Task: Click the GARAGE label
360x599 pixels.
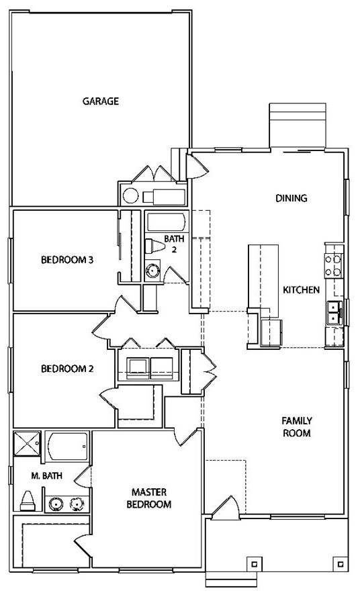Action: coord(101,101)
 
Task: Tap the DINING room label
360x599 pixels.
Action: coord(291,198)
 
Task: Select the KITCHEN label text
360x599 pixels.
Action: coord(301,289)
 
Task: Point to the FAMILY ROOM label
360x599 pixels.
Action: coord(297,426)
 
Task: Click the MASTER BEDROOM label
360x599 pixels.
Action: coord(148,498)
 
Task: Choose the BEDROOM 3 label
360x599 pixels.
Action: coord(67,260)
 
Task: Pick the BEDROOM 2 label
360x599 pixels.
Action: coord(67,369)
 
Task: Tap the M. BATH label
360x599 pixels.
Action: coord(46,476)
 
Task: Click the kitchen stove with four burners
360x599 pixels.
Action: coord(332,265)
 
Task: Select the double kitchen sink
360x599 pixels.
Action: coord(334,313)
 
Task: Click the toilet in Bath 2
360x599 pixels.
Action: coord(154,246)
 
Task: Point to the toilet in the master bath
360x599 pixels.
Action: coord(28,501)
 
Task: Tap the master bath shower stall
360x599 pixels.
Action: coord(27,443)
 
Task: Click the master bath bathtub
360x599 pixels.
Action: coord(67,446)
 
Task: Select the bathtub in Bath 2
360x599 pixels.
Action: coord(167,222)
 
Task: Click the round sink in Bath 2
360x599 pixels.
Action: coord(153,270)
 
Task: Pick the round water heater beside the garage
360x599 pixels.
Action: coord(130,196)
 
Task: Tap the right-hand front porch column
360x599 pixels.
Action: coord(340,563)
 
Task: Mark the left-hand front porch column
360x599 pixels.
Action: coord(254,563)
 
